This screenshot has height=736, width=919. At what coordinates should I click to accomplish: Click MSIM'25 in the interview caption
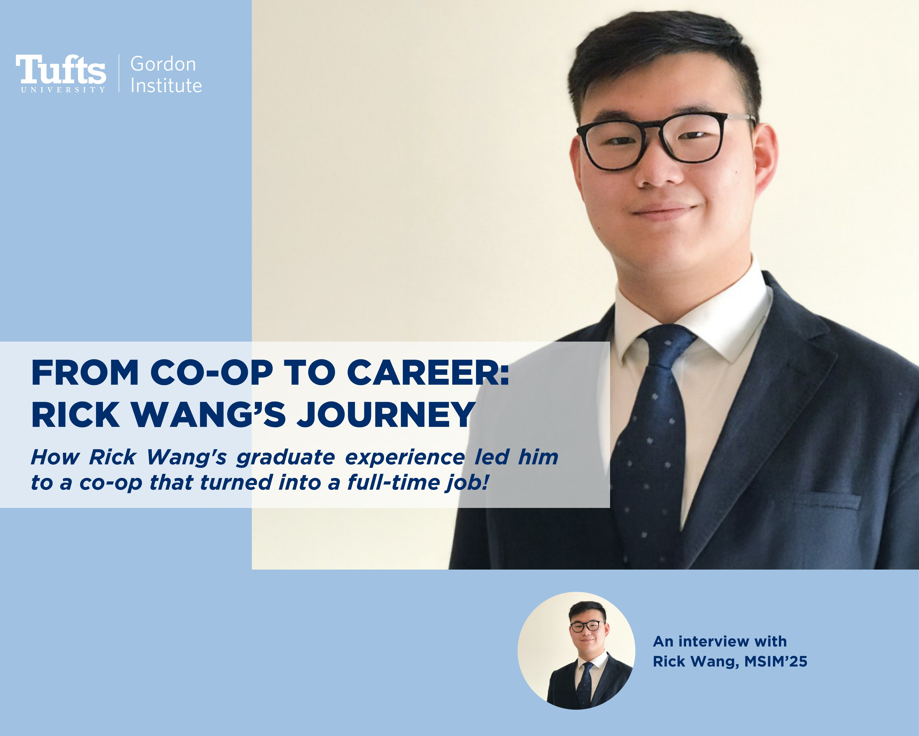(x=776, y=661)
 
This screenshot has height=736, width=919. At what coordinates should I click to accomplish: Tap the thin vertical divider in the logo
(x=119, y=73)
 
